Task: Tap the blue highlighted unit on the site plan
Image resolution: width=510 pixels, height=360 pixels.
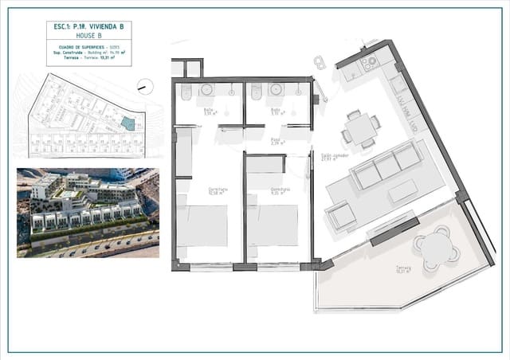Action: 127,122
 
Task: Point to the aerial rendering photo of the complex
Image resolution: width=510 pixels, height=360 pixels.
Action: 88,212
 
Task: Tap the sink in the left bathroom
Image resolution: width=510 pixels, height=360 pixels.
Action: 206,90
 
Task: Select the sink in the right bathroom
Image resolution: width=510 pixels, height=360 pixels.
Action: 276,90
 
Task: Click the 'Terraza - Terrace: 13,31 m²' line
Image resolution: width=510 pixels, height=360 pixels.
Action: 88,57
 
